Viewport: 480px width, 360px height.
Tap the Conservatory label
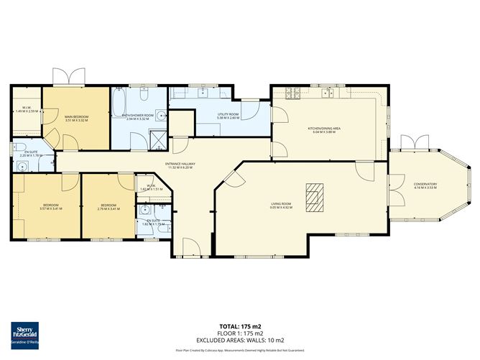[x=425, y=185]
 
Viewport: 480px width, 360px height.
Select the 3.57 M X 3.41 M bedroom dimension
[x=51, y=209]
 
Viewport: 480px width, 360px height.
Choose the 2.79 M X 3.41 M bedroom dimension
[x=109, y=209]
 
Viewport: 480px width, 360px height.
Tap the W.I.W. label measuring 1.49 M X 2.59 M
[x=25, y=111]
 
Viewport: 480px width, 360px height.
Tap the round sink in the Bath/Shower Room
[x=160, y=114]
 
